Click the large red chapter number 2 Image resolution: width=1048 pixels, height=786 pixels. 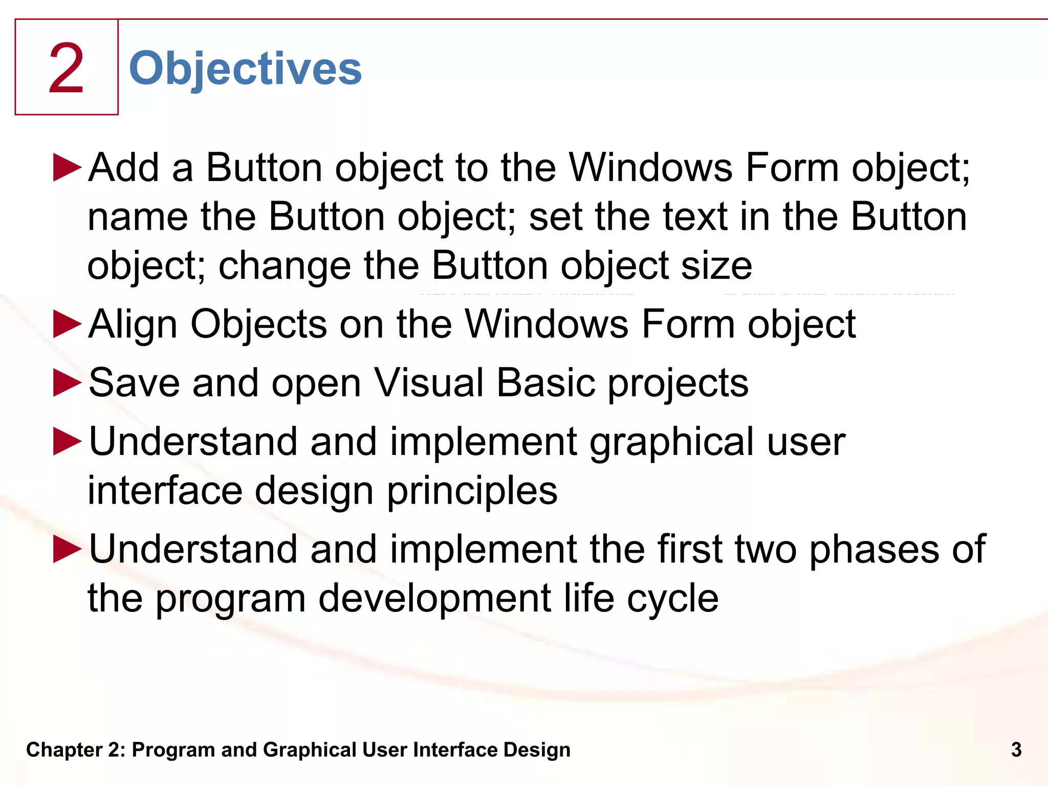66,69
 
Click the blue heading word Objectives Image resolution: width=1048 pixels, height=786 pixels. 245,69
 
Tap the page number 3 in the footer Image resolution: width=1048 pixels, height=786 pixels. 1016,750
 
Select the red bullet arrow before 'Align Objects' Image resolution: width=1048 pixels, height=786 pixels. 67,324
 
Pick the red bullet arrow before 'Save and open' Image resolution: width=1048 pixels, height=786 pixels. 67,383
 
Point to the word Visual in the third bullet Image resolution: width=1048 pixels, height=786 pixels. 429,383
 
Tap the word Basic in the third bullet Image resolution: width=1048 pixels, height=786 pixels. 545,383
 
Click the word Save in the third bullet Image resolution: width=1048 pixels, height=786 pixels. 134,383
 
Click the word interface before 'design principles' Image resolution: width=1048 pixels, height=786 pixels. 165,490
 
